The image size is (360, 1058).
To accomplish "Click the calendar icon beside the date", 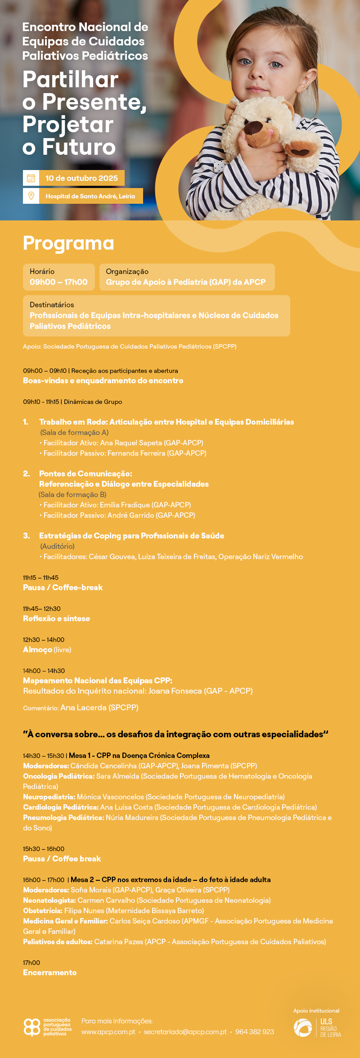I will click(31, 178).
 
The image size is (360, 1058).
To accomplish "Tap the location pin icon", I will click(31, 196).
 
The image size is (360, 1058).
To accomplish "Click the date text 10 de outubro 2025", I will click(81, 178).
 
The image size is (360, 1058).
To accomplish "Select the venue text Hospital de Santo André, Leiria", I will click(90, 196).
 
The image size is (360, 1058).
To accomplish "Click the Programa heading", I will click(68, 243).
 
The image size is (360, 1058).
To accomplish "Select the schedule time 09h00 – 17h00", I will click(58, 282).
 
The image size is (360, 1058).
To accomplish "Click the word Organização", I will click(127, 271).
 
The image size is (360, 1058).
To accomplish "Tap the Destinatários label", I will click(52, 305).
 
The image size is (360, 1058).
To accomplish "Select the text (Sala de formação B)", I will click(72, 494).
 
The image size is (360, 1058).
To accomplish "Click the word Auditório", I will click(58, 546).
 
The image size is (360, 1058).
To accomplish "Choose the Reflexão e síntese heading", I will click(56, 619).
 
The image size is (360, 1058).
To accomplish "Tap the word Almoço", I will click(37, 650).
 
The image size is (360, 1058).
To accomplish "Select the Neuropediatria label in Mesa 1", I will click(49, 797).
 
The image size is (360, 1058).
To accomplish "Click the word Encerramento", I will click(49, 972).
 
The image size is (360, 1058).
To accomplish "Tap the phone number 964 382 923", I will click(254, 1031).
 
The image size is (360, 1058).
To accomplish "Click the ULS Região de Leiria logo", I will click(317, 1027).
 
